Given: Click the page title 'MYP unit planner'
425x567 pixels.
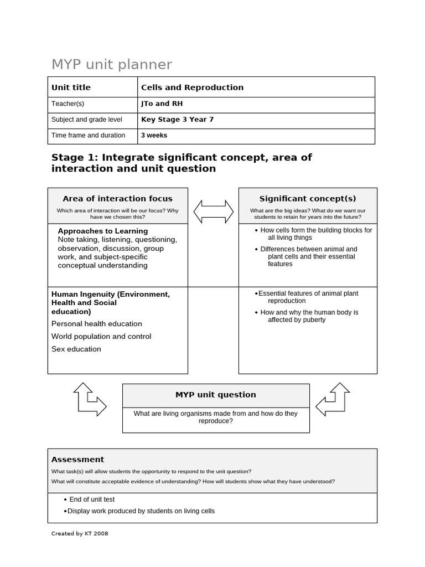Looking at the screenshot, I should pos(112,65).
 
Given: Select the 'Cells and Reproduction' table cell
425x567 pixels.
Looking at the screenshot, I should pos(192,87).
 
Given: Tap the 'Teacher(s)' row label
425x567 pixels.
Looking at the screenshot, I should pos(68,104).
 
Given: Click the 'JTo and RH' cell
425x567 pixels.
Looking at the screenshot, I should pos(162,104).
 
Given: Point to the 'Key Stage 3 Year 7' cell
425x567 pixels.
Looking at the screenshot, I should pos(177,119).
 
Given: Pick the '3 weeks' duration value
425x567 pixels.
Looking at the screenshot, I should pos(154,135).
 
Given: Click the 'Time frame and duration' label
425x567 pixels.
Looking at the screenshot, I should pos(88,135).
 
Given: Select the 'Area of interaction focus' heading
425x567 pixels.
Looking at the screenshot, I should pos(117,199).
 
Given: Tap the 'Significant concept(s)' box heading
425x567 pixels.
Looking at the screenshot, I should pos(308,199).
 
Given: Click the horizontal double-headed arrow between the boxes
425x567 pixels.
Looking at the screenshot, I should pos(213,212).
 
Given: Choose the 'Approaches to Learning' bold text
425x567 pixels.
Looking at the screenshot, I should pos(102,231).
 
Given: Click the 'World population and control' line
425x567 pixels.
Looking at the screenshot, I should pos(101,337).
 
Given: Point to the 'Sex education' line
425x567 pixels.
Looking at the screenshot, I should pos(76,349).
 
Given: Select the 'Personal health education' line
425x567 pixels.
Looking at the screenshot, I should pos(97,324).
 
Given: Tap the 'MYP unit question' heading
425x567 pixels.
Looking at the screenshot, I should pos(216,395).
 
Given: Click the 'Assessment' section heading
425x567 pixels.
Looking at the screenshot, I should pos(77,460).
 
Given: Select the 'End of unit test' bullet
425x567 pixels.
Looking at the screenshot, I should pos(92,499).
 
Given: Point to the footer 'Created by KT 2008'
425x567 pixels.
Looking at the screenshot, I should pos(80,534).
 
